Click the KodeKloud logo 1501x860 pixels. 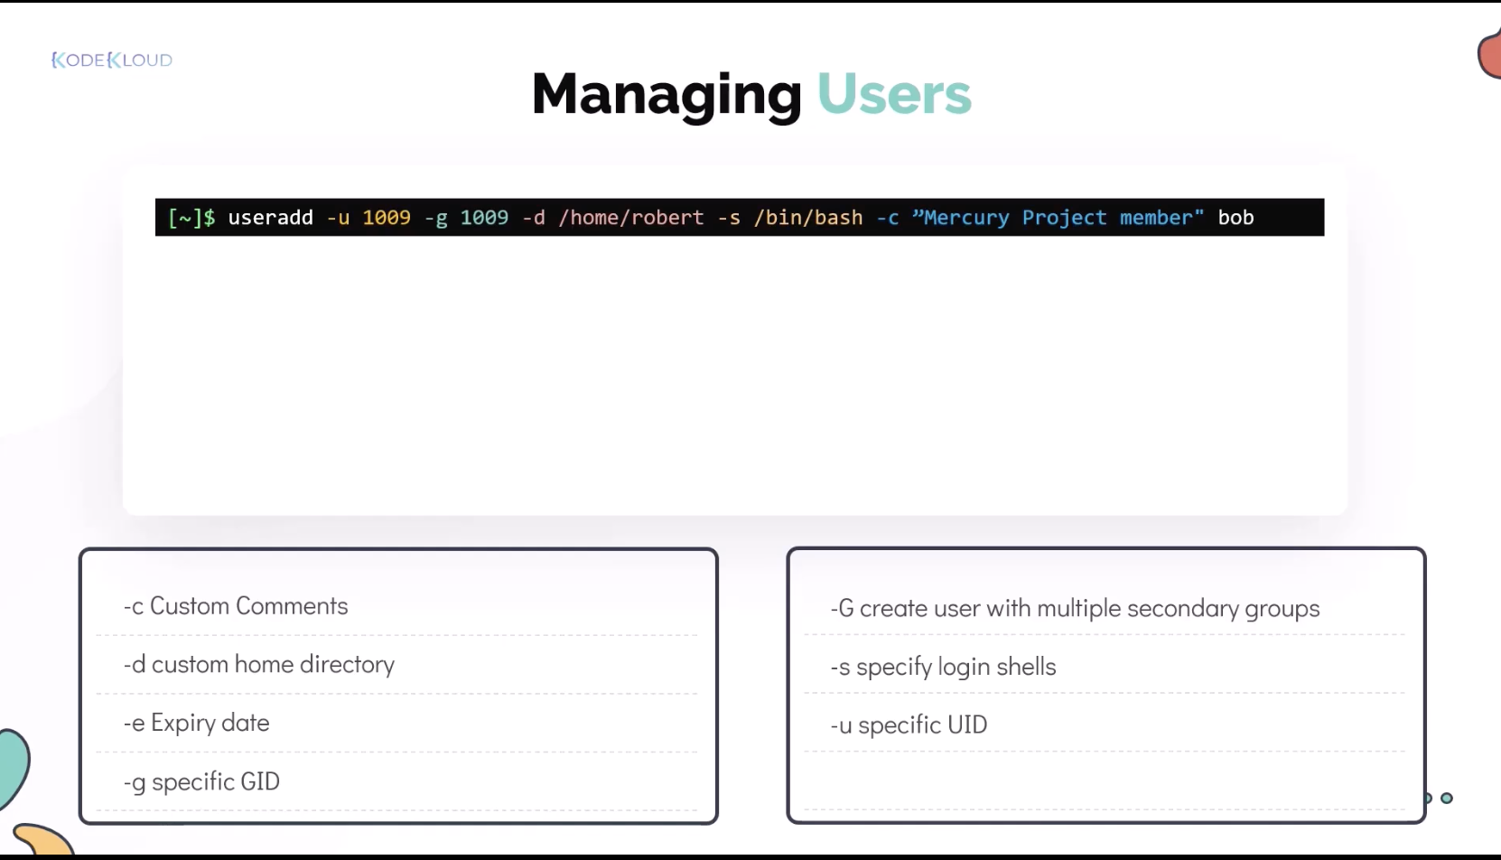112,60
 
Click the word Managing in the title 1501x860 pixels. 667,95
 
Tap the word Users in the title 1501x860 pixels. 894,94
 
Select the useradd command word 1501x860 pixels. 271,217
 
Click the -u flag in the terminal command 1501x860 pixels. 338,218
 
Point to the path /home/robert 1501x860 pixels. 631,217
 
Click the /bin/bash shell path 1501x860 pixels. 808,217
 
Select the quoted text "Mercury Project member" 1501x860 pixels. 1058,217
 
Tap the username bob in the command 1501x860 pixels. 1235,217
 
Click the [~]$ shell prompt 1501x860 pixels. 191,218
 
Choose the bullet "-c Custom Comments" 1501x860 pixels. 236,606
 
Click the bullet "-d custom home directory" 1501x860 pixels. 259,664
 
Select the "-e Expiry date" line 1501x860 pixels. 196,723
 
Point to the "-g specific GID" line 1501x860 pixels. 201,781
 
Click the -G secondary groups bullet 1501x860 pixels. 1075,609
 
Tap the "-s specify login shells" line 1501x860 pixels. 943,667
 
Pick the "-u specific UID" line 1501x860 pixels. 909,724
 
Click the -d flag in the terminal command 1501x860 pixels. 534,218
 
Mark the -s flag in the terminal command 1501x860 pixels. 729,218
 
